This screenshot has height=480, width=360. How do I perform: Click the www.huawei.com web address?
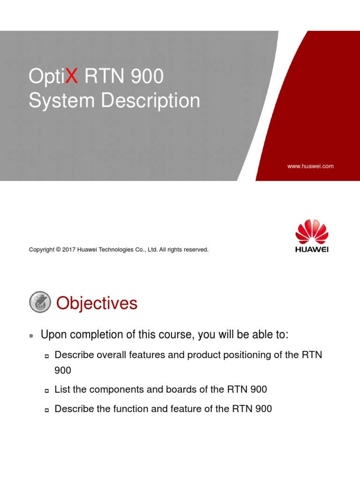click(310, 166)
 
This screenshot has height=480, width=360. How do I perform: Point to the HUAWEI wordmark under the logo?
click(312, 249)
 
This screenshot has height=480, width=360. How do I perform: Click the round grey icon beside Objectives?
click(40, 302)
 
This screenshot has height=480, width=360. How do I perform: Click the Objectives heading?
click(97, 303)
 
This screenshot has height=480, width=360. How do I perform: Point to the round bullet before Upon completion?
click(31, 336)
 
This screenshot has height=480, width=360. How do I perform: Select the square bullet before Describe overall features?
click(47, 356)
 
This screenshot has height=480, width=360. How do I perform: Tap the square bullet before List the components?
click(47, 390)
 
